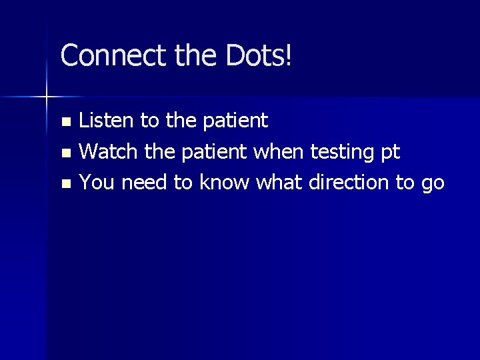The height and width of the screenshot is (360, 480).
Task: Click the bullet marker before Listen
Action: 65,122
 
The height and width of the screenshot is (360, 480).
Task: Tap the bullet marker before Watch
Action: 65,153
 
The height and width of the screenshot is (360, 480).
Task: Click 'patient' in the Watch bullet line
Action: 214,152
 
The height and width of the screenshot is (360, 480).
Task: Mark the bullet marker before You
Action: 65,183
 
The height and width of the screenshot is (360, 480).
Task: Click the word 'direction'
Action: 351,182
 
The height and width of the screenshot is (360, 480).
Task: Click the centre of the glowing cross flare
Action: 46,97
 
